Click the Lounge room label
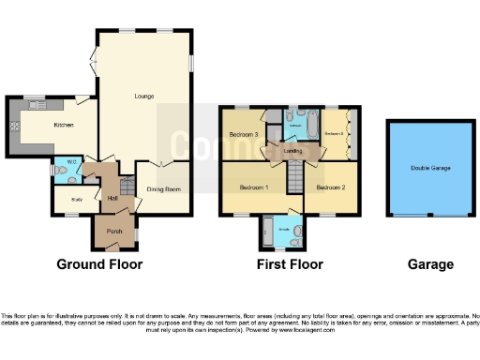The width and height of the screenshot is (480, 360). pyautogui.click(x=144, y=96)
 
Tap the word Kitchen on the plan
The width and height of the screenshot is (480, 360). pyautogui.click(x=63, y=125)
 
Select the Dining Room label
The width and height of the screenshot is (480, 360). pyautogui.click(x=162, y=188)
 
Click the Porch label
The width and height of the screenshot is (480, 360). pyautogui.click(x=114, y=232)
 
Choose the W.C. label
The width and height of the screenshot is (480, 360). pyautogui.click(x=70, y=161)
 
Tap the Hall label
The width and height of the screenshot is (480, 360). pyautogui.click(x=112, y=198)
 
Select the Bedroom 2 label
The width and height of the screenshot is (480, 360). pyautogui.click(x=330, y=187)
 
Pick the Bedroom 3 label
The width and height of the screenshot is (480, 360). pyautogui.click(x=244, y=135)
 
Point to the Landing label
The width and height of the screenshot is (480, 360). pyautogui.click(x=292, y=150)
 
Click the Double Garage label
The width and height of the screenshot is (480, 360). pyautogui.click(x=429, y=169)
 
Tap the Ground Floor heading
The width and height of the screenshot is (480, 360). pyautogui.click(x=100, y=264)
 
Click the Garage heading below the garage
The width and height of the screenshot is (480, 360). pyautogui.click(x=429, y=264)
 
